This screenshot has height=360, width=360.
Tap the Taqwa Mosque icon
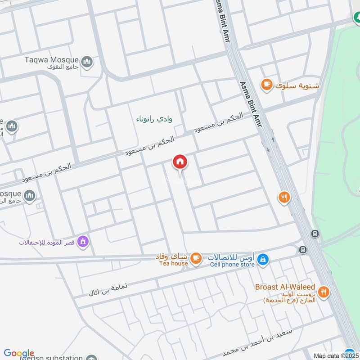[87, 61]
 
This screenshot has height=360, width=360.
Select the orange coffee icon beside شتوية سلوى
[267, 85]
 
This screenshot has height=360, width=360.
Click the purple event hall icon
[82, 242]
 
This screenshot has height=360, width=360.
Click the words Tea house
[173, 264]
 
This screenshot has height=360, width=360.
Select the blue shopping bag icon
[264, 259]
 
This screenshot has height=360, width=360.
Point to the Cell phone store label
[232, 265]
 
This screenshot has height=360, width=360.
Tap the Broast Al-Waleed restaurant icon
[324, 292]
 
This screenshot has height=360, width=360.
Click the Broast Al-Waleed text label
[285, 287]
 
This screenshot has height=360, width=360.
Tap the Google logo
[19, 353]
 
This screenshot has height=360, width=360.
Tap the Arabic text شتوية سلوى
[297, 85]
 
